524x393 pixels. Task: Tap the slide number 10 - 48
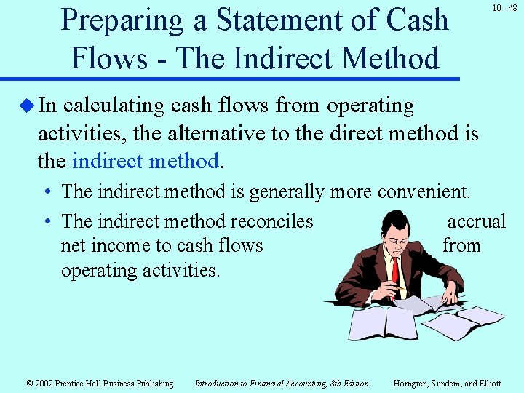click(x=504, y=8)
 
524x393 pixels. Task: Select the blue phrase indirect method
click(x=146, y=160)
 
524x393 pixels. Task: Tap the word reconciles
click(x=271, y=221)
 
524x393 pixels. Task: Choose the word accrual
click(x=476, y=221)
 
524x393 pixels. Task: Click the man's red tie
click(x=395, y=272)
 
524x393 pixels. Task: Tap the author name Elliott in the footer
click(x=487, y=384)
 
